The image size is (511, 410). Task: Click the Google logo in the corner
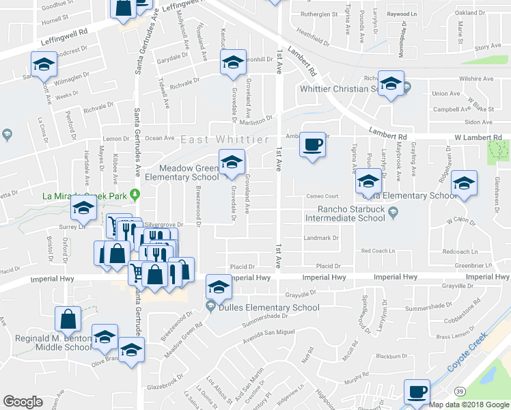(23, 402)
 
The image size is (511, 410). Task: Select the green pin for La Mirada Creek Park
(135, 195)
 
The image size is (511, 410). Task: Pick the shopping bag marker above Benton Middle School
(68, 320)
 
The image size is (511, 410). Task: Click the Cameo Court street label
(322, 195)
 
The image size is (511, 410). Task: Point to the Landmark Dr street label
(321, 238)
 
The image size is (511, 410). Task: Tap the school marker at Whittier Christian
(391, 84)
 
